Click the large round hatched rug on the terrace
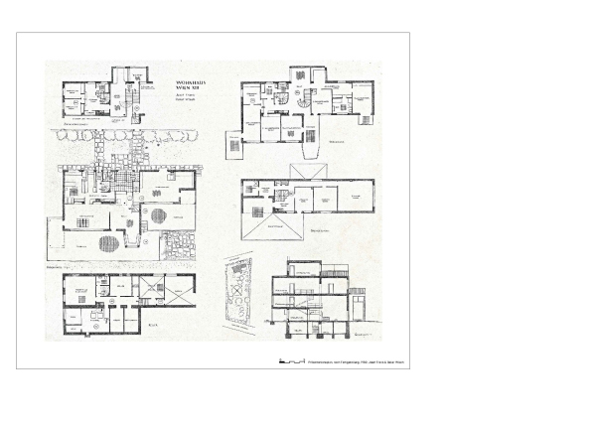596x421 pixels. click(111, 241)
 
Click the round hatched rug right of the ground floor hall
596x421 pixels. click(159, 212)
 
